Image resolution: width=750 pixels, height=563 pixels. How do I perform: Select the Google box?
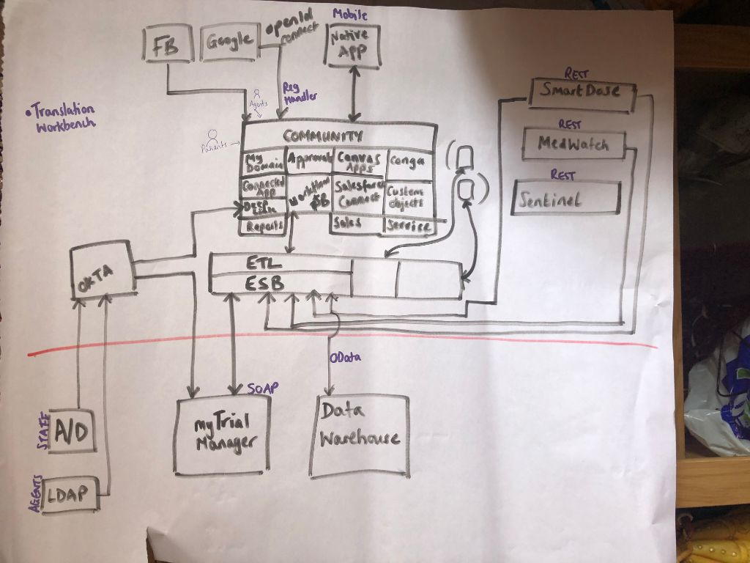(x=229, y=43)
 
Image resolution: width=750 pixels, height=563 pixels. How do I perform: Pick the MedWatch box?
(x=574, y=143)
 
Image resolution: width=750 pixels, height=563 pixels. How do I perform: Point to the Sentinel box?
(x=565, y=198)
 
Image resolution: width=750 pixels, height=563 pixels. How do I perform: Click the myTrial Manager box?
(x=222, y=435)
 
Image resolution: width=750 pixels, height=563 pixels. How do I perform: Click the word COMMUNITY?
(x=323, y=136)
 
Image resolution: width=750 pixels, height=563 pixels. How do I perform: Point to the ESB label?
(x=265, y=283)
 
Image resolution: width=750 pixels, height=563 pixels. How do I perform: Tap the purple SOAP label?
(x=263, y=389)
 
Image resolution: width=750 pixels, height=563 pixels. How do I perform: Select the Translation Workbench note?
(x=62, y=118)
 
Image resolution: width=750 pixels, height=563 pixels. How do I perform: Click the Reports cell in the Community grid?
(x=263, y=227)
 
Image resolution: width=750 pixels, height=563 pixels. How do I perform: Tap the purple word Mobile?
(x=350, y=15)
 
